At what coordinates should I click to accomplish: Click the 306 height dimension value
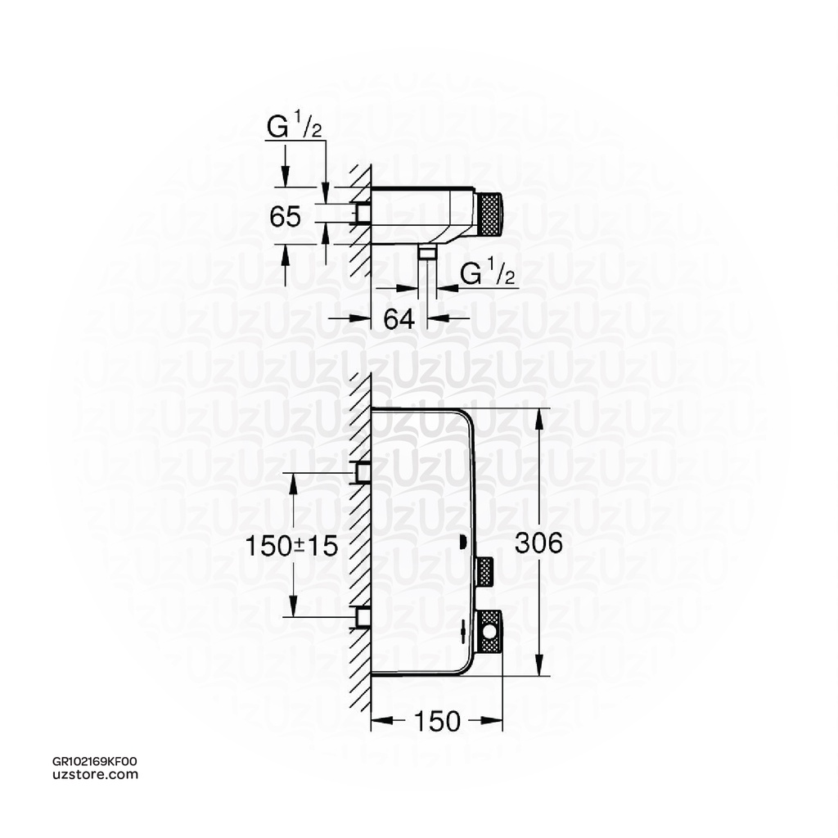tap(538, 543)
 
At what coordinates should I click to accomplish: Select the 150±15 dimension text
tap(291, 546)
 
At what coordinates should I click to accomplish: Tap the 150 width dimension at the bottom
tap(436, 721)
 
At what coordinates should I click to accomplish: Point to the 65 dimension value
tap(285, 217)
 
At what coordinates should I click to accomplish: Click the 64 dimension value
tap(399, 318)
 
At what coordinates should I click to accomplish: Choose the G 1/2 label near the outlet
tap(488, 275)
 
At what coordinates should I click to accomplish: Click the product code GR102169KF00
tap(94, 761)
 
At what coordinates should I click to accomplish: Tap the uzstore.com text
tap(94, 774)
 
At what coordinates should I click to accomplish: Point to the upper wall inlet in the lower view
tap(362, 472)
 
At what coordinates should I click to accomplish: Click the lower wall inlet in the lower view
tap(362, 615)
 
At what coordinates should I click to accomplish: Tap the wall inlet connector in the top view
tap(362, 214)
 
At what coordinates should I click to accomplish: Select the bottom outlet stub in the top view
tap(426, 250)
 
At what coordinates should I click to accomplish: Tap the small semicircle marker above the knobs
tap(463, 541)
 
